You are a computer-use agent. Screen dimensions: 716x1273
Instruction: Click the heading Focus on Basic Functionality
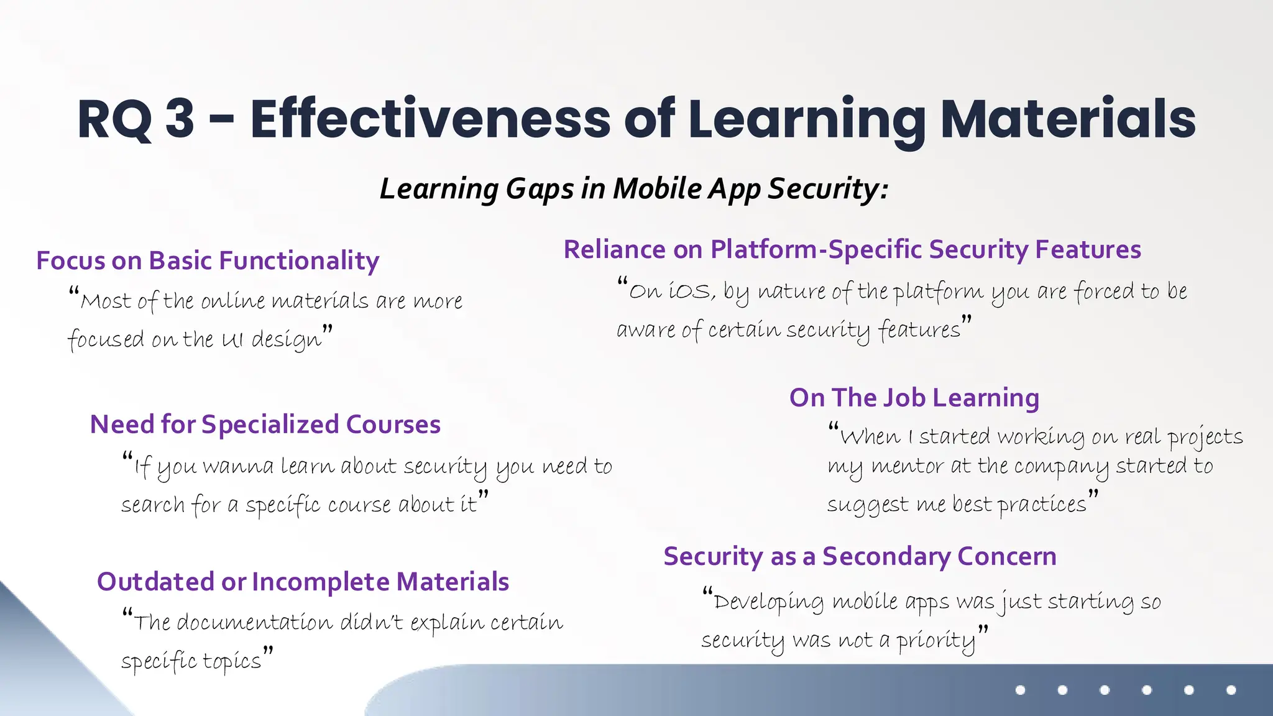point(208,260)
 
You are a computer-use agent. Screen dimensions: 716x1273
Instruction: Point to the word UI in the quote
point(232,339)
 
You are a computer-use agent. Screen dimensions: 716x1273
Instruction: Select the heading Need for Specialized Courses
point(265,425)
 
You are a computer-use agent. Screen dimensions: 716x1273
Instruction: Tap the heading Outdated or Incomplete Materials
point(303,582)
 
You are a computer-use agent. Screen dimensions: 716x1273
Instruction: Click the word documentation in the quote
point(255,622)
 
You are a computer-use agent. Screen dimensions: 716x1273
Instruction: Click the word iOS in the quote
point(691,291)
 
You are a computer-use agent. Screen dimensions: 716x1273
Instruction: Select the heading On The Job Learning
point(914,398)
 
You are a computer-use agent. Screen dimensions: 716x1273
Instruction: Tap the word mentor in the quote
point(908,466)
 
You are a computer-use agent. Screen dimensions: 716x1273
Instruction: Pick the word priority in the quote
point(935,640)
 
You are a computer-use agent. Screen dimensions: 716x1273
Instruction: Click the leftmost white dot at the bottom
point(1020,690)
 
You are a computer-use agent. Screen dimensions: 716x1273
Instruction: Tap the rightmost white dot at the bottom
point(1231,690)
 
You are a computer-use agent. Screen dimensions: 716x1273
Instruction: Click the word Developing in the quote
point(769,602)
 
